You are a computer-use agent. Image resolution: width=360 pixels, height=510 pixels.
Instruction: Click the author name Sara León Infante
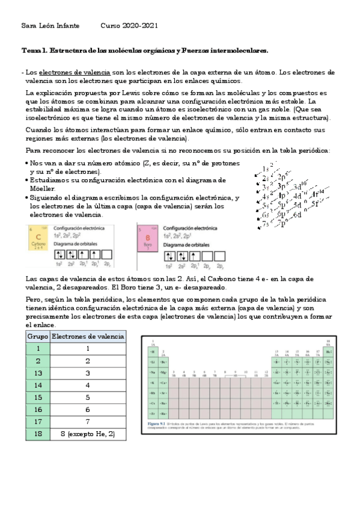point(49,26)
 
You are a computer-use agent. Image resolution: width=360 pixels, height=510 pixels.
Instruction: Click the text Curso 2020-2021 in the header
point(129,26)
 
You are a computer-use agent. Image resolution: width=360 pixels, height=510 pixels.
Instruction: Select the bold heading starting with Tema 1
point(144,51)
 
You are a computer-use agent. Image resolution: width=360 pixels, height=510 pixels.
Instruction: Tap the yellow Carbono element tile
point(39,238)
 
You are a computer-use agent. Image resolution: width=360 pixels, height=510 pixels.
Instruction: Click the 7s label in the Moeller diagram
point(266,226)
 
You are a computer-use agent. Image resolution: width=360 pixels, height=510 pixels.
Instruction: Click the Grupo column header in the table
point(38,336)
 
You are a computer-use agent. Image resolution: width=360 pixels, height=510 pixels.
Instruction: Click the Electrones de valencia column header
point(88,336)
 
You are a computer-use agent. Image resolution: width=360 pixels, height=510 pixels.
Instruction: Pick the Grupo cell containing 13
point(38,372)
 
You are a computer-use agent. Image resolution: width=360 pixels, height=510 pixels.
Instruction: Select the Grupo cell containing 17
point(38,421)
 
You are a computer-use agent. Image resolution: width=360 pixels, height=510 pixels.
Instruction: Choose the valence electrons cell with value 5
point(88,397)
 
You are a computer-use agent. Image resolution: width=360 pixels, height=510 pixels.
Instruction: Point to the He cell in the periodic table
point(328,351)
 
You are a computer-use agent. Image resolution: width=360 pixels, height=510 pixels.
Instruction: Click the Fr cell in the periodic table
point(153,414)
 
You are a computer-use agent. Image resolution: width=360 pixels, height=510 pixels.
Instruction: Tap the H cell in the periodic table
point(153,351)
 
